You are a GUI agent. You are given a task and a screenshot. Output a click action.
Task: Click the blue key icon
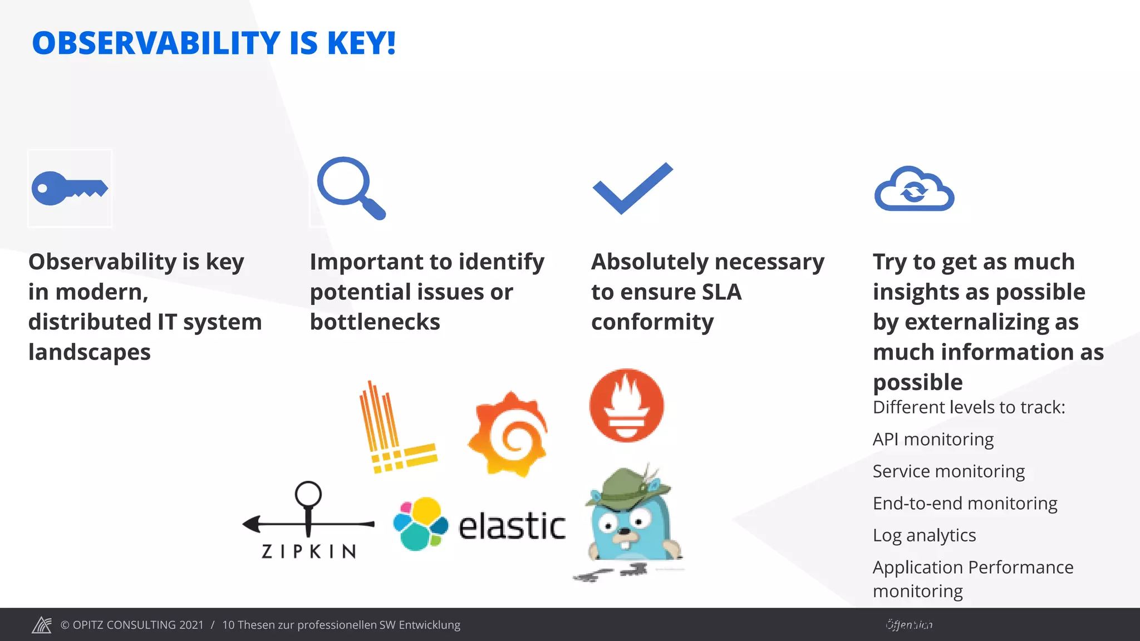[x=69, y=188]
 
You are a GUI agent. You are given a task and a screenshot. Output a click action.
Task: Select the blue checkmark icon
[x=632, y=188]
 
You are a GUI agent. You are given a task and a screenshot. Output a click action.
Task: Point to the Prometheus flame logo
[x=627, y=405]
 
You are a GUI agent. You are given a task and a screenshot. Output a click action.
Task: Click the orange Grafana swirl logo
[x=508, y=434]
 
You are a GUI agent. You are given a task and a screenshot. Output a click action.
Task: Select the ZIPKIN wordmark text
[x=309, y=551]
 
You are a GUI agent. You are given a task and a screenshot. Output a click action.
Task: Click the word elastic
[x=512, y=526]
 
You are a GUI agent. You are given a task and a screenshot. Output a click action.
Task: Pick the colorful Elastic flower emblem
[x=420, y=524]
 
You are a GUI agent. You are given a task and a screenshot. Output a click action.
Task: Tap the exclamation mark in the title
[x=391, y=43]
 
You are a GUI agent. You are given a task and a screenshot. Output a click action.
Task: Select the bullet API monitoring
[x=933, y=439]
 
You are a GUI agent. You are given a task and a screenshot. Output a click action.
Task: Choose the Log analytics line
[x=924, y=535]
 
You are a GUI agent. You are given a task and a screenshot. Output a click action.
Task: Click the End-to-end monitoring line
[x=965, y=503]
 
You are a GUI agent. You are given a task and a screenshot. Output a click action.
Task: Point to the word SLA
[x=721, y=292]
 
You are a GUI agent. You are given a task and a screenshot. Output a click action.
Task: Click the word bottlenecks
[x=375, y=322]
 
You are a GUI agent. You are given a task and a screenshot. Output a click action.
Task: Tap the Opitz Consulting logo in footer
[x=42, y=625]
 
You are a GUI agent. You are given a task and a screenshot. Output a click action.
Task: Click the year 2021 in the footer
[x=191, y=625]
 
